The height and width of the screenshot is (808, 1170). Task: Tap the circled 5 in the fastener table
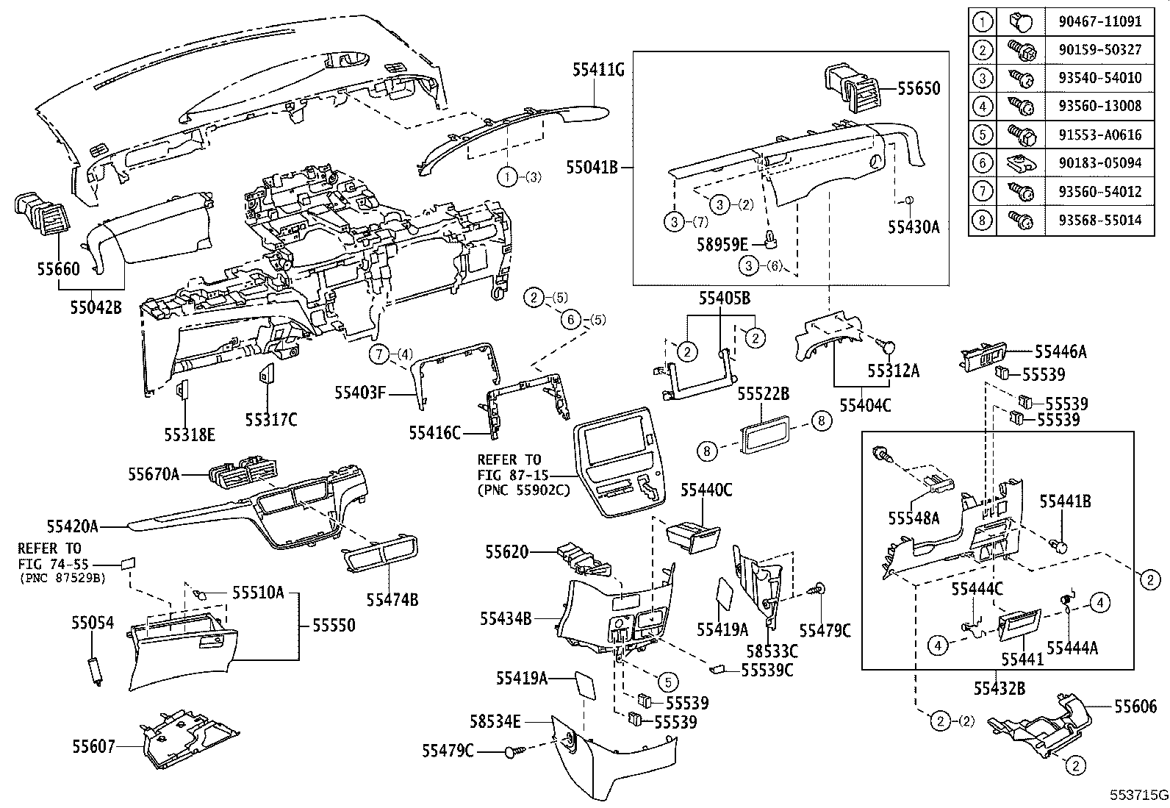[982, 135]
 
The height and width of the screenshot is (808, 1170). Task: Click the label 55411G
[598, 70]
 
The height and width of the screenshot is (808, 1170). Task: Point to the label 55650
[918, 88]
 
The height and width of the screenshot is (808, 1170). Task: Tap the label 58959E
[722, 244]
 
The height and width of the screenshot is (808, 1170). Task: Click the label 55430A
[913, 226]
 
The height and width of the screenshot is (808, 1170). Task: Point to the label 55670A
[154, 474]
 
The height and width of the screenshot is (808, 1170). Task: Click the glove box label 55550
[333, 626]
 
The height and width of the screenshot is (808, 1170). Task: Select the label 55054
[93, 623]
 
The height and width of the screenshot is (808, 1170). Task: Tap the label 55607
[93, 746]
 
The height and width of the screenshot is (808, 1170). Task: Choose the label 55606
[1135, 707]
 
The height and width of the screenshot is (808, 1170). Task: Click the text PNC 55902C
[523, 490]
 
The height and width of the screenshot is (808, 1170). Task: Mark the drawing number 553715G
[1138, 796]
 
